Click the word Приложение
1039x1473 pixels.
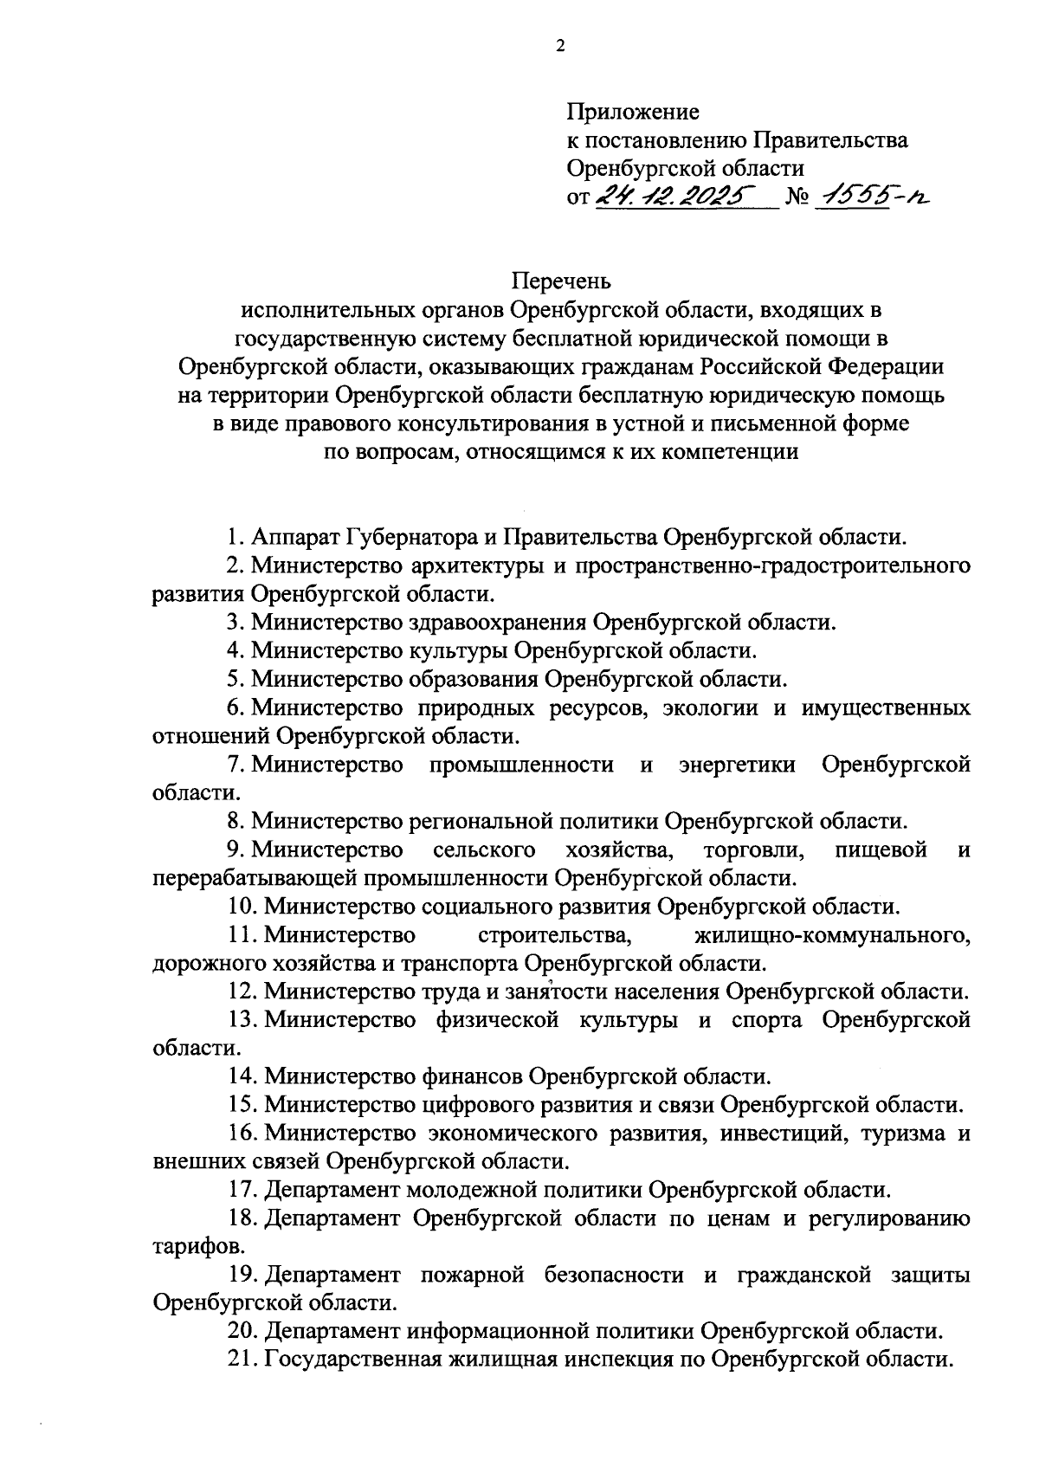(x=633, y=112)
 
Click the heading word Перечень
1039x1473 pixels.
(x=561, y=281)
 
